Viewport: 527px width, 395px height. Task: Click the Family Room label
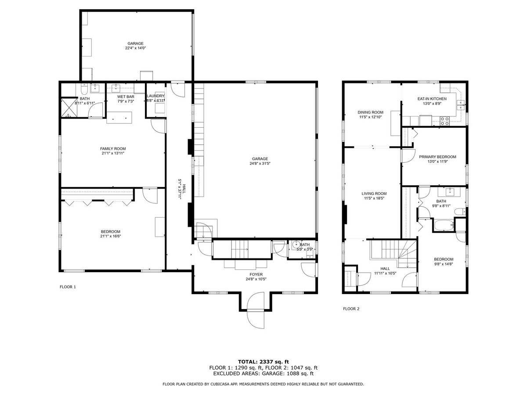[x=113, y=149]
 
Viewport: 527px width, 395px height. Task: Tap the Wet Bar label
[x=126, y=97]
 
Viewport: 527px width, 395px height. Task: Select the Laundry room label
[x=155, y=96]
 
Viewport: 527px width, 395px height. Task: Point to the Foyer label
[x=256, y=274]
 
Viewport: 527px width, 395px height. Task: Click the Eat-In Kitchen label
[x=432, y=99]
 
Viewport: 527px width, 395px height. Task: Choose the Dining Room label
[x=371, y=112]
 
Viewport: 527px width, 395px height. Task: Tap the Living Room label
[x=374, y=194]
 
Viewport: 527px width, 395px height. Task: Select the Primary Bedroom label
[x=437, y=157]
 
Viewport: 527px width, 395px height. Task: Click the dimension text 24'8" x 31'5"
[x=260, y=164]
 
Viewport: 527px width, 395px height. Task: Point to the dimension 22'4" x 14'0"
[x=135, y=48]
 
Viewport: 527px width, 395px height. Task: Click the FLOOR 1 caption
[x=68, y=287]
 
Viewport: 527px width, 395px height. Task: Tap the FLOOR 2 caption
[x=351, y=309]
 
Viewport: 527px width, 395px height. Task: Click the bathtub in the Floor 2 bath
[x=444, y=225]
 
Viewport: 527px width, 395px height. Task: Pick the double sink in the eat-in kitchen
[x=461, y=105]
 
